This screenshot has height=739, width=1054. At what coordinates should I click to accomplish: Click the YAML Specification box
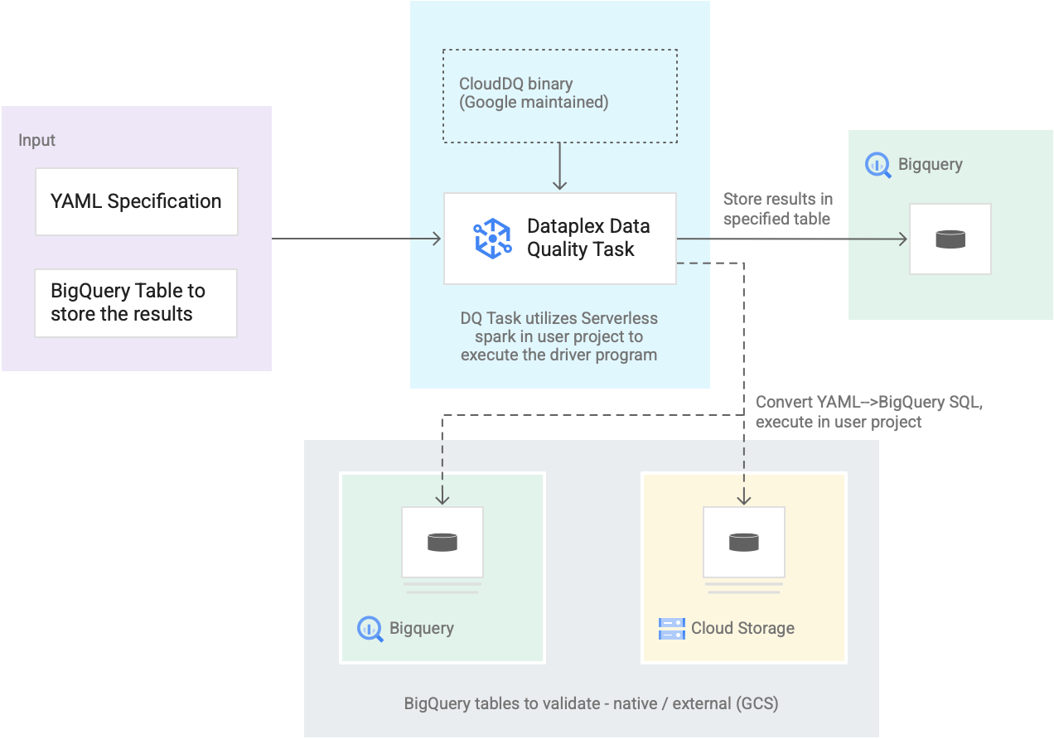tap(136, 201)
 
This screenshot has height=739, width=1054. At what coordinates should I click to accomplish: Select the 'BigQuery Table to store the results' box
tap(136, 302)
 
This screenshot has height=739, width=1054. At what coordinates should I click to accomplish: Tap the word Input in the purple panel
tap(37, 140)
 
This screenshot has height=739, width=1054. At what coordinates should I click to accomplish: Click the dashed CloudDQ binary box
tap(559, 95)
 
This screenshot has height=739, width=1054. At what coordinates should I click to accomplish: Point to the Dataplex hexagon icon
tap(492, 239)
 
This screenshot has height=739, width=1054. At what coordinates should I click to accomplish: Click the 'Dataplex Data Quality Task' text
tap(588, 238)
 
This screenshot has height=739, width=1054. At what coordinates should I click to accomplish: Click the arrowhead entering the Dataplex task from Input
tap(436, 239)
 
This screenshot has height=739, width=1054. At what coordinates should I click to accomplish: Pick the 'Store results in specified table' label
tap(777, 209)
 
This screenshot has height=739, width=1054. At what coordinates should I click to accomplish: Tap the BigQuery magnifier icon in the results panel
tap(878, 165)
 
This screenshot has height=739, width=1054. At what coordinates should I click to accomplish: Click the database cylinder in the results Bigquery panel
tap(950, 239)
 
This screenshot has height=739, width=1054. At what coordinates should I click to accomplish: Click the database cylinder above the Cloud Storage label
tap(743, 542)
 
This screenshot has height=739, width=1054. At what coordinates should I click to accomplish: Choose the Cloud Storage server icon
tap(671, 629)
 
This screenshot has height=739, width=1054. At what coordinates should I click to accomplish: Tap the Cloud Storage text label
tap(742, 628)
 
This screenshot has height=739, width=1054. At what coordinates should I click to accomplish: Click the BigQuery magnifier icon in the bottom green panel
tap(370, 629)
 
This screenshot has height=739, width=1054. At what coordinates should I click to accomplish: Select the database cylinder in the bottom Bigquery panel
tap(442, 542)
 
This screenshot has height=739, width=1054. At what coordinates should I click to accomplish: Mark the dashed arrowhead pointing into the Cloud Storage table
tap(744, 499)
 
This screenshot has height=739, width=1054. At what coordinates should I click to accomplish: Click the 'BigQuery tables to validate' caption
tap(591, 704)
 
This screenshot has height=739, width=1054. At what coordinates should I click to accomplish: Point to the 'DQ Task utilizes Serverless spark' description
tap(559, 336)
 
